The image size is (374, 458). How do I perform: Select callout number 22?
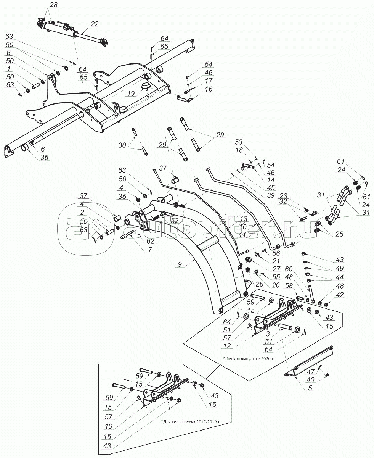pos(95,24)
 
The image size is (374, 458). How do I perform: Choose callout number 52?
pos(175,221)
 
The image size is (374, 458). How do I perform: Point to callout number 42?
pos(340,294)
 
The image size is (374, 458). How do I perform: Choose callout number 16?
pos(209,89)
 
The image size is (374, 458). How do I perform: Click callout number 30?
pos(122,145)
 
